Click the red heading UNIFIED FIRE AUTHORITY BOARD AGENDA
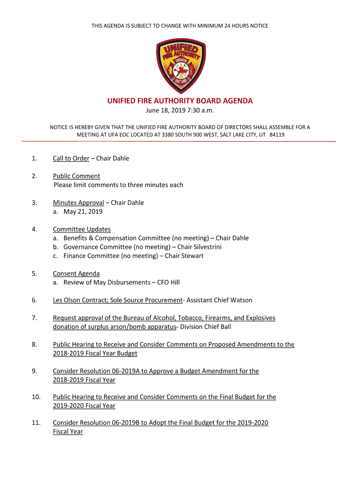pyautogui.click(x=180, y=101)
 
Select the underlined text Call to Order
pyautogui.click(x=71, y=158)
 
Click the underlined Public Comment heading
pyautogui.click(x=76, y=176)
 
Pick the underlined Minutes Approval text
pyautogui.click(x=78, y=203)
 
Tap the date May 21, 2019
pyautogui.click(x=83, y=211)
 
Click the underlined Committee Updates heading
pyautogui.click(x=82, y=229)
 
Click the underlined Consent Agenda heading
pyautogui.click(x=76, y=274)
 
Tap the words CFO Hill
pyautogui.click(x=168, y=283)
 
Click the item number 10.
pyautogui.click(x=36, y=397)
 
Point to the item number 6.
pyautogui.click(x=34, y=300)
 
